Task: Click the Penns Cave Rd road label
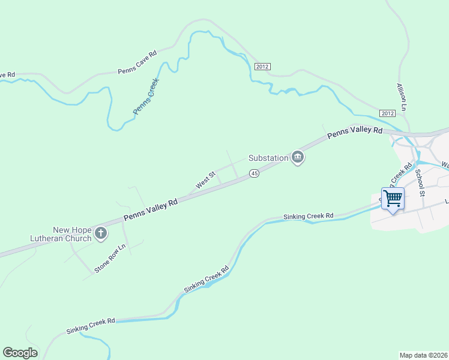click(x=137, y=62)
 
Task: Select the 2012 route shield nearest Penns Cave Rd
click(x=262, y=65)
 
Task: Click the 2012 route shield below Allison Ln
click(x=387, y=113)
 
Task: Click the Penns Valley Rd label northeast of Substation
click(x=354, y=133)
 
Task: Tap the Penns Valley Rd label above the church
click(x=151, y=211)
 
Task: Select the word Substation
click(x=268, y=158)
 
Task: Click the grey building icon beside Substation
click(x=297, y=158)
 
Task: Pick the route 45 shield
click(x=254, y=173)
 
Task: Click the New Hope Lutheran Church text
click(x=61, y=234)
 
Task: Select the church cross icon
click(x=101, y=233)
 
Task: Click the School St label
click(x=420, y=182)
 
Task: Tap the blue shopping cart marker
click(x=393, y=198)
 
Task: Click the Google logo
click(x=20, y=353)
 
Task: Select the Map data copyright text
click(x=424, y=355)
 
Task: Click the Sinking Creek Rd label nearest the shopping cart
click(x=308, y=216)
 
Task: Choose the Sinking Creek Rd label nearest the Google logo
click(x=90, y=326)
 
